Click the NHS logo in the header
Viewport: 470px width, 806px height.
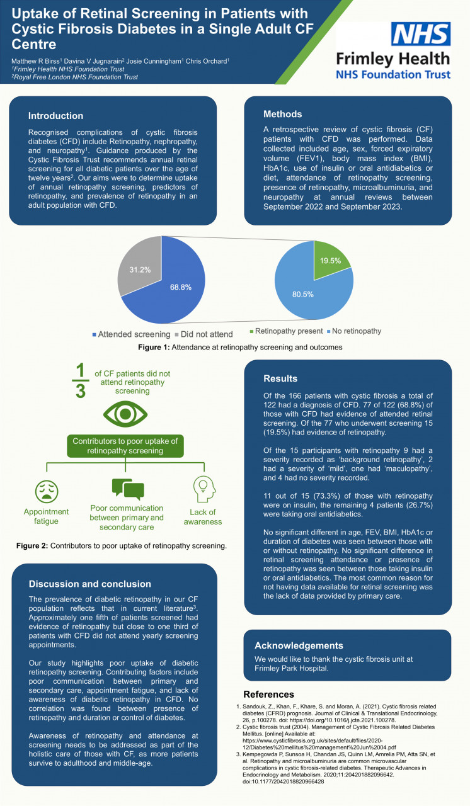click(x=421, y=33)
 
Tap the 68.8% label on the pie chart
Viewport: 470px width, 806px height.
click(x=181, y=287)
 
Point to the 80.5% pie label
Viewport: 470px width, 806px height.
click(x=302, y=294)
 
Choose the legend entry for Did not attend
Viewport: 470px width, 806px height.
click(x=203, y=334)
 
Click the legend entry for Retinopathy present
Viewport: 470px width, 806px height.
click(x=286, y=331)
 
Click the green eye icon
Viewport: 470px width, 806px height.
click(x=125, y=414)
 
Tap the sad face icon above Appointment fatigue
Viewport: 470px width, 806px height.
click(x=47, y=492)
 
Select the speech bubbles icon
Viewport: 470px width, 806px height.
click(x=128, y=489)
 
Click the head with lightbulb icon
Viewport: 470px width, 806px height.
click(x=204, y=489)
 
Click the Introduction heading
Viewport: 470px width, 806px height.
click(x=56, y=116)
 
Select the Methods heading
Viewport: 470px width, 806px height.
click(x=282, y=114)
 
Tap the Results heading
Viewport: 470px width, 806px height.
click(x=280, y=378)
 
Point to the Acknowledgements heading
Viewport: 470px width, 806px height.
click(x=299, y=645)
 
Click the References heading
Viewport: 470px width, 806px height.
click(x=268, y=694)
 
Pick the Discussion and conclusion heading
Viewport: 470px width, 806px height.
click(x=90, y=584)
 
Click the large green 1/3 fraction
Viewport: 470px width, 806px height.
click(x=80, y=380)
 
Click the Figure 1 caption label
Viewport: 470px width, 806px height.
click(x=154, y=347)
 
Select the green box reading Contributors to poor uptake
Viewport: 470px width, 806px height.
click(x=125, y=446)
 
